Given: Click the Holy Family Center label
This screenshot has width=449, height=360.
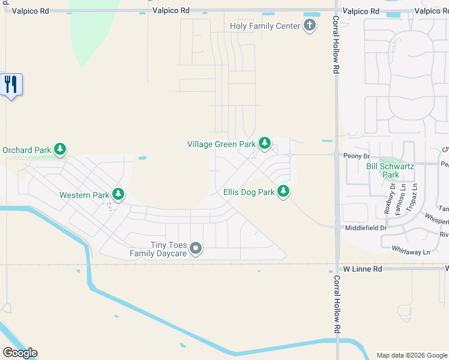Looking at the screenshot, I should click(265, 26).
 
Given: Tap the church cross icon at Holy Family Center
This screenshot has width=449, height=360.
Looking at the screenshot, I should click(310, 25).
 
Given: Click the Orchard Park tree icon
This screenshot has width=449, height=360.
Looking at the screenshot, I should click(59, 149).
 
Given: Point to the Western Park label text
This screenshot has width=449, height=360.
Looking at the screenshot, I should click(84, 195).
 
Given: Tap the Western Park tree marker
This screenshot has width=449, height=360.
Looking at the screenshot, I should click(119, 194).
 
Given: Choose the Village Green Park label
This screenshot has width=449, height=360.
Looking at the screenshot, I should click(221, 144).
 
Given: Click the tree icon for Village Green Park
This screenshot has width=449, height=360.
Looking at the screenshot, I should click(264, 143).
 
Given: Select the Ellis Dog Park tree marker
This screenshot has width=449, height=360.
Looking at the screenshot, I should click(283, 192).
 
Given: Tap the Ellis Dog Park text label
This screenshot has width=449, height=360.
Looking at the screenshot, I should click(249, 193).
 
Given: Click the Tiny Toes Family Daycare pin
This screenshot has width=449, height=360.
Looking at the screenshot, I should click(196, 248).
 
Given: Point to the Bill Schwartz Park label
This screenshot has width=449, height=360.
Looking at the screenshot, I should click(391, 170).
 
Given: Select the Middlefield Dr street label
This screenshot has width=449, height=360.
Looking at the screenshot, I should click(366, 228).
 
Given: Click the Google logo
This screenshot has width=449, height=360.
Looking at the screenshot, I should click(20, 353).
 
